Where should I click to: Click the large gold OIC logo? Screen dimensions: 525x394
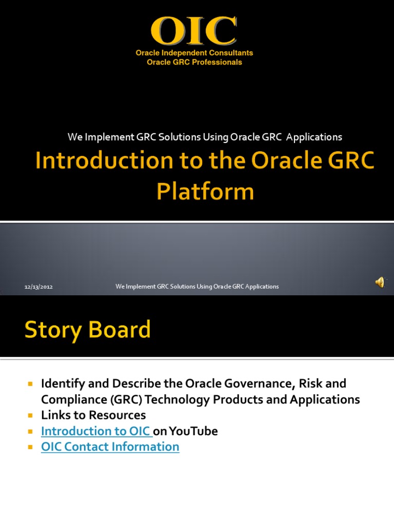click(194, 31)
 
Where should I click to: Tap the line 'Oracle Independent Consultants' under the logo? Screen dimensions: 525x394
click(194, 53)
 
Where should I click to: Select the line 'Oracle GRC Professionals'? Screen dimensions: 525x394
click(194, 62)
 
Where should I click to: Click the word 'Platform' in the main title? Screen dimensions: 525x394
click(205, 191)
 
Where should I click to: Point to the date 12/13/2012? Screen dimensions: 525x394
click(39, 287)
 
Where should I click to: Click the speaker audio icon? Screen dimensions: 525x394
click(380, 282)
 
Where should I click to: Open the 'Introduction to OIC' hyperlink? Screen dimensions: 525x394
click(95, 431)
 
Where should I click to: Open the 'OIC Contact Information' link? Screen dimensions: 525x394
click(110, 447)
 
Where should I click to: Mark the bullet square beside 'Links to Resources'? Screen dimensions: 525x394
click(30, 415)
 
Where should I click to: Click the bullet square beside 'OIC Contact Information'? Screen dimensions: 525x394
click(30, 447)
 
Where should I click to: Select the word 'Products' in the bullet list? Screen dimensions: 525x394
click(233, 399)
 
